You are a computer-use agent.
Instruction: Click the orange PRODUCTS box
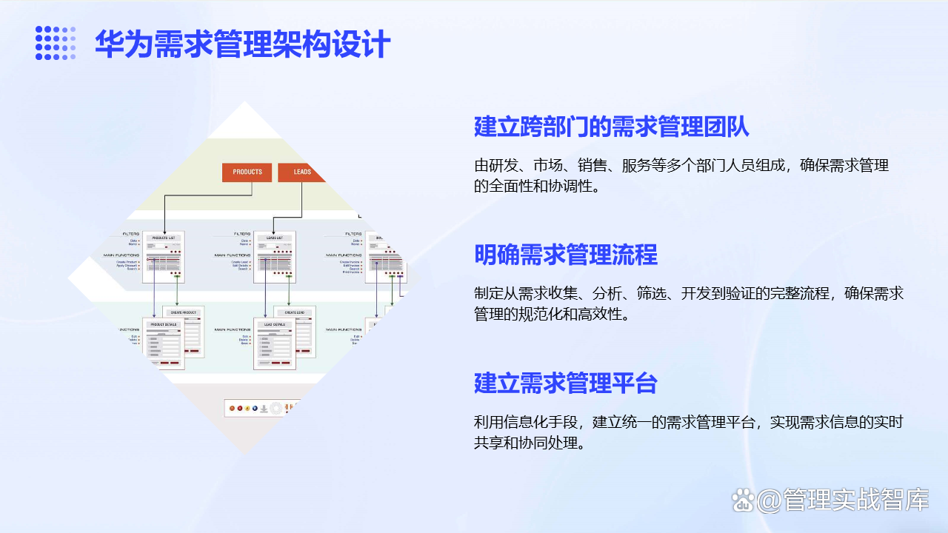pyautogui.click(x=247, y=172)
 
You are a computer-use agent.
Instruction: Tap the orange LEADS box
pyautogui.click(x=301, y=172)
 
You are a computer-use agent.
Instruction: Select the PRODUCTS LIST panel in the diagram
pyautogui.click(x=164, y=256)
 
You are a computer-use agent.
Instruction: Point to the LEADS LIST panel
pyautogui.click(x=274, y=256)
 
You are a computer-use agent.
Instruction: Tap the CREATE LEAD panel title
pyautogui.click(x=295, y=312)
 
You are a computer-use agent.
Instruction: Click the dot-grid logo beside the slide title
pyautogui.click(x=56, y=43)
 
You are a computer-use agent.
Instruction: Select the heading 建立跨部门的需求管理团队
pyautogui.click(x=612, y=127)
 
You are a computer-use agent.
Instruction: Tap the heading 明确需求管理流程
pyautogui.click(x=566, y=255)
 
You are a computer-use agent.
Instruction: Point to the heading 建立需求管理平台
pyautogui.click(x=566, y=383)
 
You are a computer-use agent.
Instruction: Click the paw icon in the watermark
pyautogui.click(x=743, y=501)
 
